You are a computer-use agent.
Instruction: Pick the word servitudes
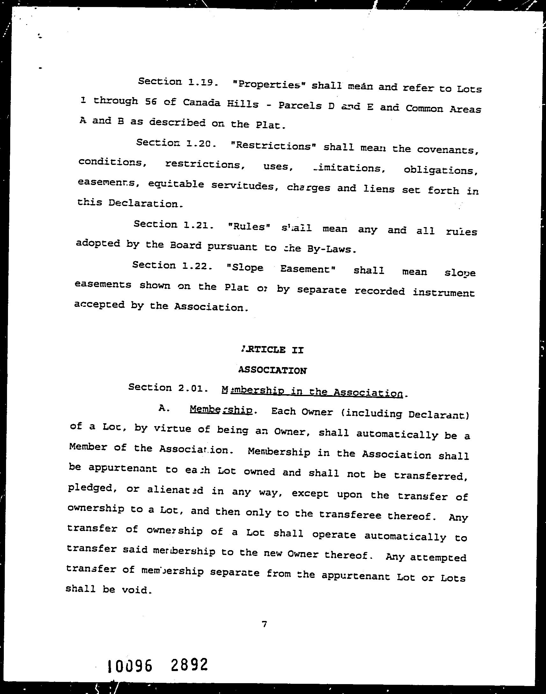[243, 186]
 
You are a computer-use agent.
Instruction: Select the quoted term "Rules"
[250, 227]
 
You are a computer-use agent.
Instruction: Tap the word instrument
[443, 293]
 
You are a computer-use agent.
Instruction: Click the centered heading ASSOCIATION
[272, 370]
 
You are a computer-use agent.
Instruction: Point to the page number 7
[264, 624]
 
